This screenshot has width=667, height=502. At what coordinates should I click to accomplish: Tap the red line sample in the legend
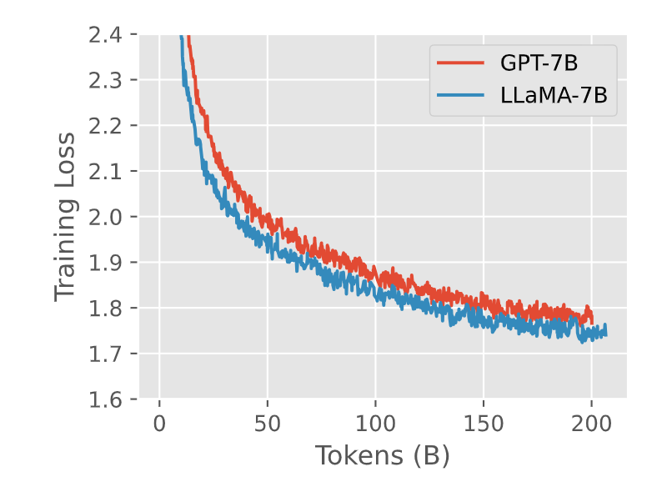(x=460, y=63)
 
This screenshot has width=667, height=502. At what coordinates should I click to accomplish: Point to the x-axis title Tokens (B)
(x=383, y=456)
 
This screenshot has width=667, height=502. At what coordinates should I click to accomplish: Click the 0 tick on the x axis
(x=160, y=423)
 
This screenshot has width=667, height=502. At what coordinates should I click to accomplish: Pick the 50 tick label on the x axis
(x=268, y=423)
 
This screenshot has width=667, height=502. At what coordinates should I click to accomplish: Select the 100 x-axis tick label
(x=375, y=423)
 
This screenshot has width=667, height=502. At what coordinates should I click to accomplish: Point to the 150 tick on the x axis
(x=484, y=423)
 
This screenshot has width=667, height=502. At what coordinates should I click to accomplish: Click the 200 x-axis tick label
(x=591, y=423)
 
